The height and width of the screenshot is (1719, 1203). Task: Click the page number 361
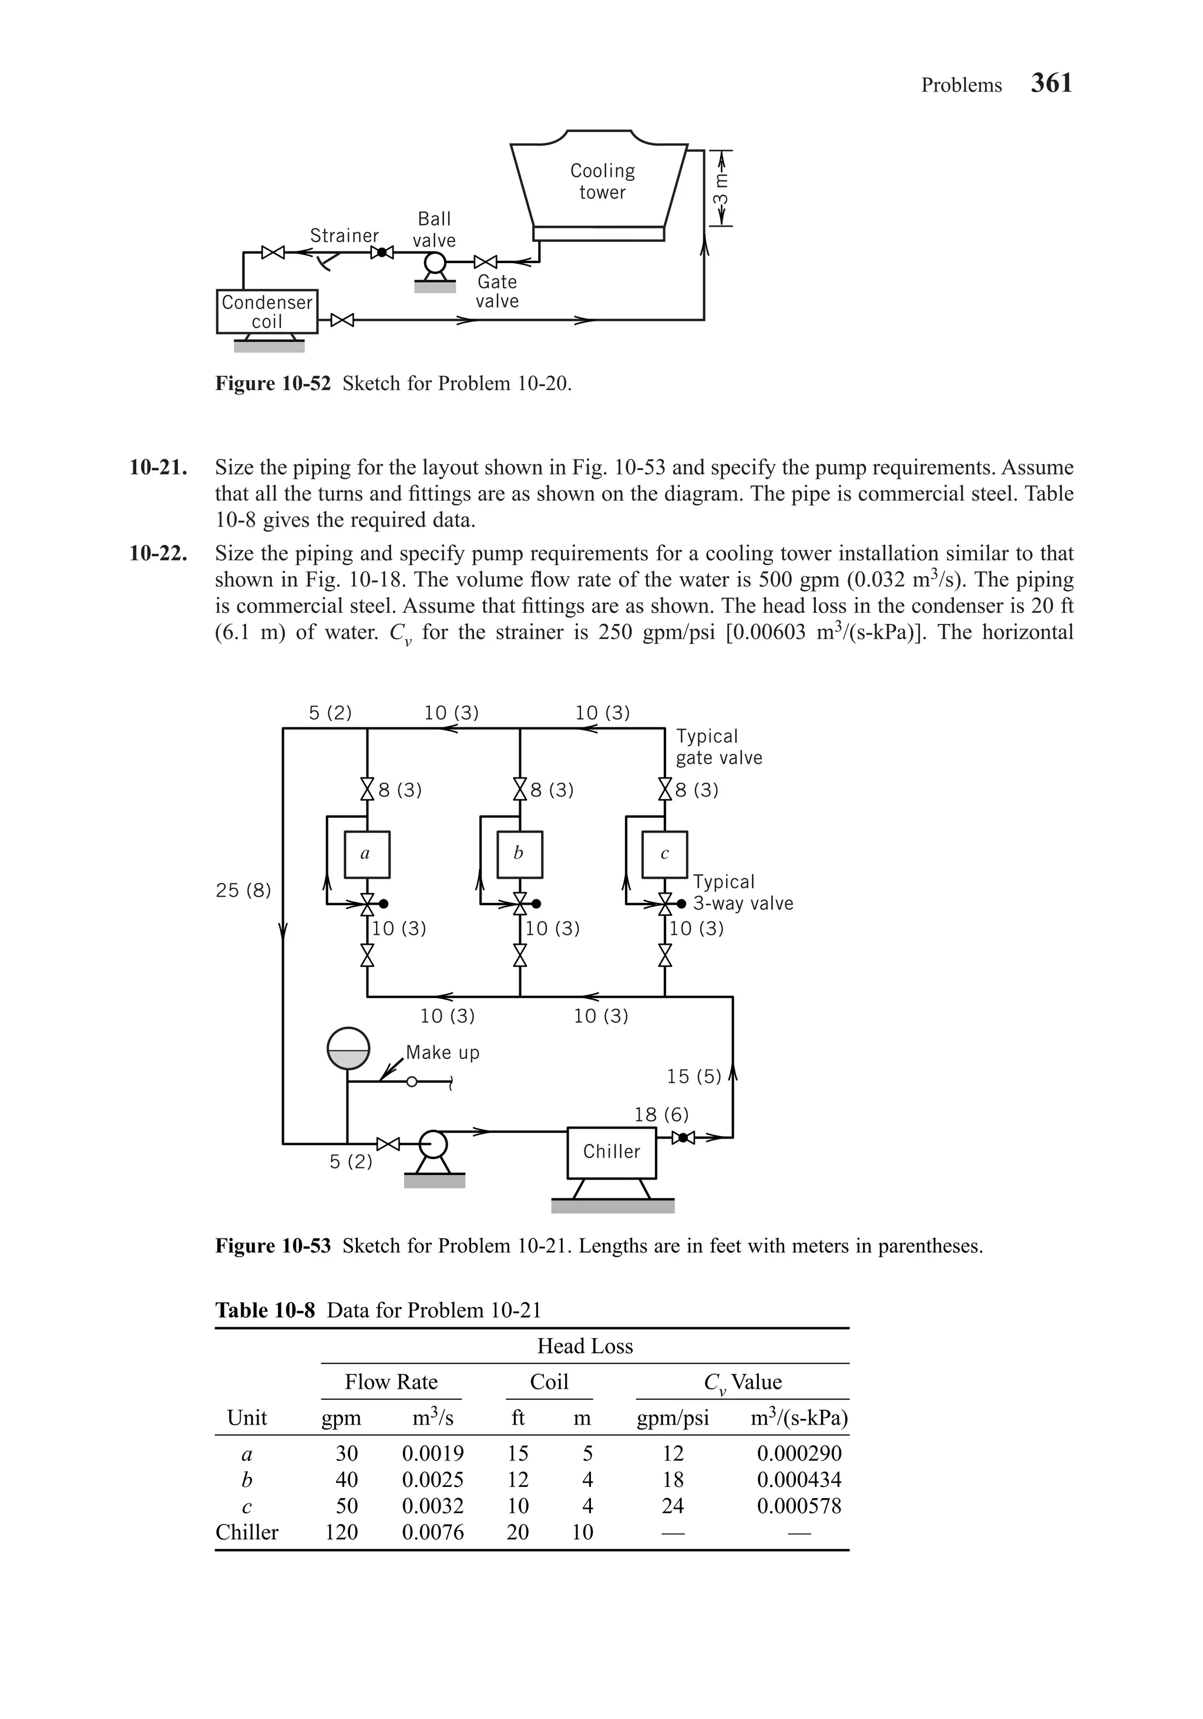coord(1050,83)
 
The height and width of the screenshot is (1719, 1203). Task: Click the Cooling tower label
coord(602,181)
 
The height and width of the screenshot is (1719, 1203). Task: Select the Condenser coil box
coord(267,311)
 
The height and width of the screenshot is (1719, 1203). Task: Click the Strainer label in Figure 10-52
coord(344,236)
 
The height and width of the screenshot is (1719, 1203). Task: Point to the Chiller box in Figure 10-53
coord(611,1151)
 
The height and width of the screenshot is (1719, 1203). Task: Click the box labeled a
coord(366,854)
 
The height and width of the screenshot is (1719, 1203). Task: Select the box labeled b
coord(519,854)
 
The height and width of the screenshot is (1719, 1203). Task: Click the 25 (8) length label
coord(243,890)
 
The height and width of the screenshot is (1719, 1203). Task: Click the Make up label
coord(442,1053)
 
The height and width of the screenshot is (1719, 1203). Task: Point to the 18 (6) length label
coord(661,1115)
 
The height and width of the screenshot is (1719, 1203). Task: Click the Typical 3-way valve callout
coord(742,892)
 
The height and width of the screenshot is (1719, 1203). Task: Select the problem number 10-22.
coord(158,553)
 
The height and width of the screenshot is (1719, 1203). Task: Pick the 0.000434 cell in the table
coord(799,1479)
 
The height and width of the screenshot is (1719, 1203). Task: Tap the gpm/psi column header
coord(672,1418)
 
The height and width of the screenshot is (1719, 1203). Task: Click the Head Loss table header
coord(584,1346)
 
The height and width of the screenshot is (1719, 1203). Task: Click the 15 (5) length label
coord(694,1077)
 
